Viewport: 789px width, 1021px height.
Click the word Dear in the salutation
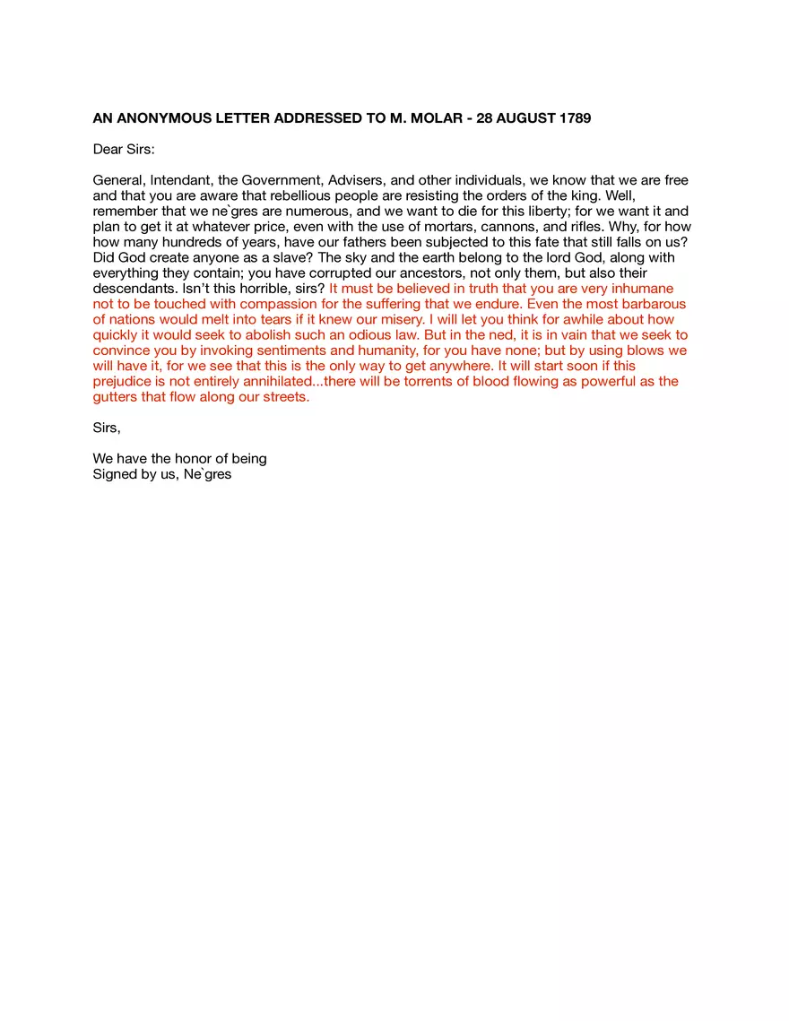108,150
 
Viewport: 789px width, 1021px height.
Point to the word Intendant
180,180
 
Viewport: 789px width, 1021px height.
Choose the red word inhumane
638,289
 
